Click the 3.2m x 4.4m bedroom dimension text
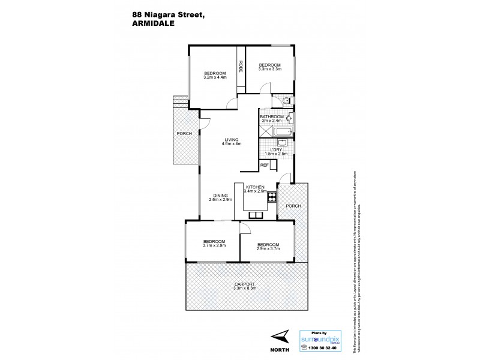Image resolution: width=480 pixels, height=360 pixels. [x=215, y=77]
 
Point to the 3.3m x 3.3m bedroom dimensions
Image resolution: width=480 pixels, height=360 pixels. [x=269, y=69]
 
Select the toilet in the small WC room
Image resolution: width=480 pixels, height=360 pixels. [x=287, y=100]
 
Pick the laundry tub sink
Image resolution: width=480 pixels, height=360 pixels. [x=283, y=142]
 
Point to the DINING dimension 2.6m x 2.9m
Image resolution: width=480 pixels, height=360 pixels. [x=220, y=199]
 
